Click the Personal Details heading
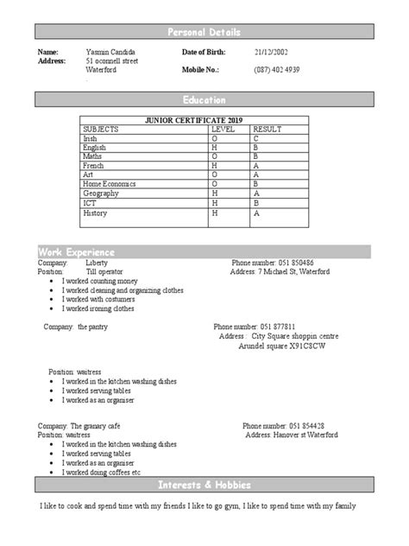tap(204, 32)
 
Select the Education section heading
tap(204, 100)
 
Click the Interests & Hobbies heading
tap(204, 483)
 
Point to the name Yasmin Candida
tap(110, 54)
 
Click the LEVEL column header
tap(223, 129)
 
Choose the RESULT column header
tap(267, 129)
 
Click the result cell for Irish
tap(255, 138)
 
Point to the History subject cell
tap(95, 213)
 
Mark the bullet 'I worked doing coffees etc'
tap(101, 473)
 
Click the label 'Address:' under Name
tap(52, 63)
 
